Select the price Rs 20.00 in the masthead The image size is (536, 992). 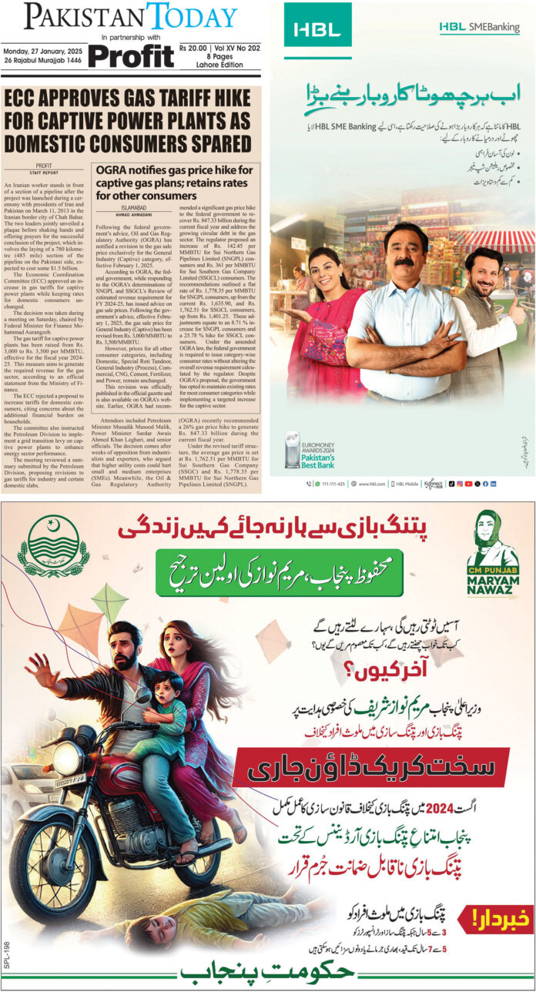coord(201,45)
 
